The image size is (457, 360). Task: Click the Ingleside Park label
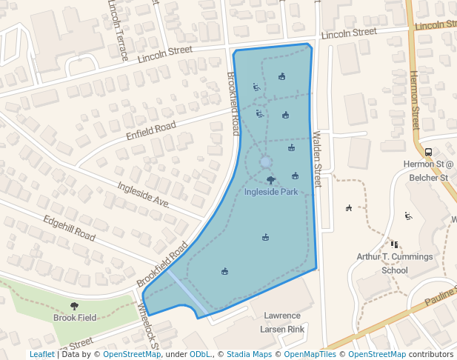[271, 192]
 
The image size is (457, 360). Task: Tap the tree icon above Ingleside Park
[271, 180]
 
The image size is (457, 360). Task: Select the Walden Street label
[318, 154]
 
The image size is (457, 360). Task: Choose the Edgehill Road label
[69, 228]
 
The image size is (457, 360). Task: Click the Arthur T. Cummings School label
[394, 263]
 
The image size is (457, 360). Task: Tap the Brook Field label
[75, 317]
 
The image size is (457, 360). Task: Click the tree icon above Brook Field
[74, 305]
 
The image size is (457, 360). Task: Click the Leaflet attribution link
[41, 354]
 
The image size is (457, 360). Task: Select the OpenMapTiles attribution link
[312, 354]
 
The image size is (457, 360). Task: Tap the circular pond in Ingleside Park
[266, 161]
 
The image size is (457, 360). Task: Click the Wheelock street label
[148, 324]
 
